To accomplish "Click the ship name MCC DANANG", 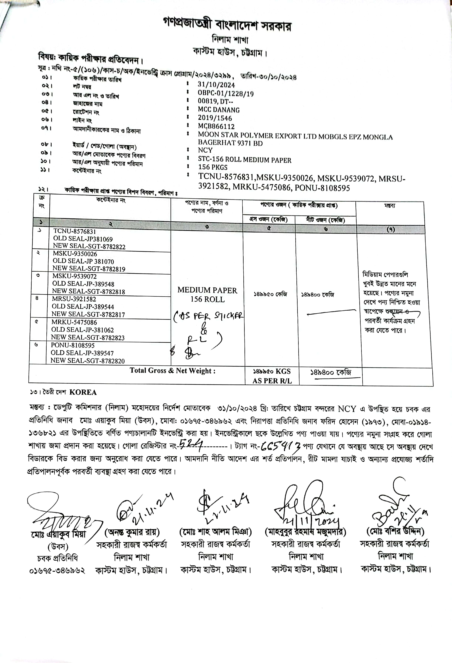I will [219, 110].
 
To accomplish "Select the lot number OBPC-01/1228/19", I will [226, 93].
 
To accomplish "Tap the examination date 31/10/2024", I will [216, 85].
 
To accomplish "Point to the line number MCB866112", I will [216, 126].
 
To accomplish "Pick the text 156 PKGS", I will [213, 167].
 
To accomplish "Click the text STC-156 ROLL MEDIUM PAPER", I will [245, 160].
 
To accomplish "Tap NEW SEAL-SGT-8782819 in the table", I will [89, 269].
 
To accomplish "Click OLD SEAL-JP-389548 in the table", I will [83, 284].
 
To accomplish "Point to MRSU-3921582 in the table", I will [74, 299].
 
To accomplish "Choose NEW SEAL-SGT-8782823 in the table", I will [88, 337].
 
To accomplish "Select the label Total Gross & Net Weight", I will [173, 371].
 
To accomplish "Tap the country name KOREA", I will [83, 392].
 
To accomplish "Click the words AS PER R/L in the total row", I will [272, 381].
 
